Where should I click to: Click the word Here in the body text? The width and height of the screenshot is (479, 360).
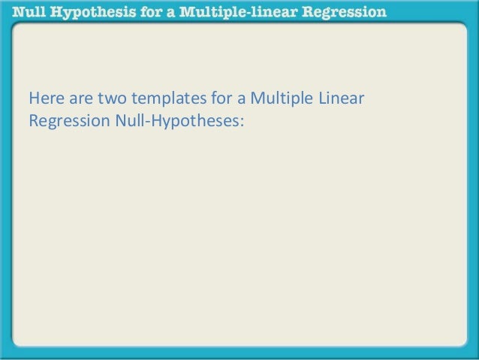(44, 98)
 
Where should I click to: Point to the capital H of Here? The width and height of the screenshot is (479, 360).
(33, 98)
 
